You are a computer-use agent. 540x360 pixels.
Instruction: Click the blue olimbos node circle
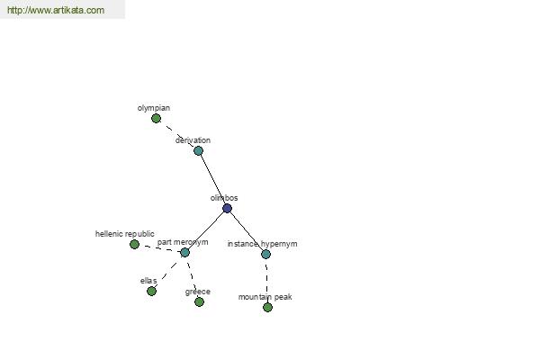[x=227, y=209]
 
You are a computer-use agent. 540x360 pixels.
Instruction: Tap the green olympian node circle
[x=156, y=119]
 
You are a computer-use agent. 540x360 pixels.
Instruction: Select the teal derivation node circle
[x=198, y=150]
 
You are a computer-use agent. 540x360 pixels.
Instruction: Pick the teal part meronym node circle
[x=184, y=253]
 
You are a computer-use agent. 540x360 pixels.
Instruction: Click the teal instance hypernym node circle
[x=265, y=254]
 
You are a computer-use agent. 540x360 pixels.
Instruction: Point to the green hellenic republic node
[x=135, y=244]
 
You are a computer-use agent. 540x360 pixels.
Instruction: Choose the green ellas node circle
[x=151, y=291]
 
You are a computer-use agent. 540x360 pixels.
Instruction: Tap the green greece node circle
[x=199, y=301]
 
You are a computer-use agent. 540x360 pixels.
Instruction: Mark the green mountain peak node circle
[x=267, y=307]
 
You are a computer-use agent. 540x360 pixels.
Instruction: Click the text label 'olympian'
[x=154, y=108]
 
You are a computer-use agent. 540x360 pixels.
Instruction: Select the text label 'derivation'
[x=193, y=140]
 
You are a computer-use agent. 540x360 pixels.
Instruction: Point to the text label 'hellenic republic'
[x=125, y=234]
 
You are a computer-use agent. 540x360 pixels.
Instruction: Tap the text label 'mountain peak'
[x=265, y=297]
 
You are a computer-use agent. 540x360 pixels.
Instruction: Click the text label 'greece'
[x=198, y=292]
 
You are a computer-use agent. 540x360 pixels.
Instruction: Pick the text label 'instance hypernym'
[x=263, y=244]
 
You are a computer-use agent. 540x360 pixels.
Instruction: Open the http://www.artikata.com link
[x=56, y=10]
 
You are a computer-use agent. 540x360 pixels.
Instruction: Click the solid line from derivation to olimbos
[x=212, y=179]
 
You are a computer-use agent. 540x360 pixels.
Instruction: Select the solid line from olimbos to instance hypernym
[x=247, y=231]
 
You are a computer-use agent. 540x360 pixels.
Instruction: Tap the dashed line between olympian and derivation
[x=177, y=134]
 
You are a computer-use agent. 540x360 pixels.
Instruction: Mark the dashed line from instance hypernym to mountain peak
[x=267, y=281]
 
